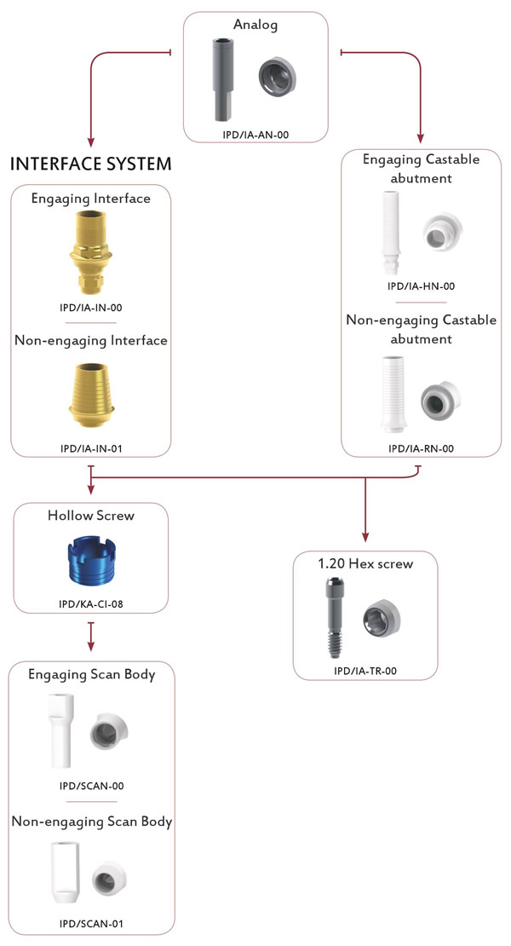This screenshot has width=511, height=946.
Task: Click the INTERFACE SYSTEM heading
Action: (91, 164)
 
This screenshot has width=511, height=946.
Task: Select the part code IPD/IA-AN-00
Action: (255, 135)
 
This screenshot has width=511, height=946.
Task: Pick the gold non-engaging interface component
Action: (91, 395)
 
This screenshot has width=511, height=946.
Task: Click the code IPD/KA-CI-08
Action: (91, 603)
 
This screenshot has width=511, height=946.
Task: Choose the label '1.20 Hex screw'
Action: (365, 563)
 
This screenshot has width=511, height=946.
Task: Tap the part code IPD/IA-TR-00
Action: (365, 670)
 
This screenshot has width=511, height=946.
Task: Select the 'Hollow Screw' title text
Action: (91, 516)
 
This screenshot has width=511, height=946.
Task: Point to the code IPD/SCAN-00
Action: (92, 786)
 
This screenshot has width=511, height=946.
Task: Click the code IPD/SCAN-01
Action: (92, 923)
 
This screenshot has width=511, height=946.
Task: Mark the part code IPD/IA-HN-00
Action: (422, 286)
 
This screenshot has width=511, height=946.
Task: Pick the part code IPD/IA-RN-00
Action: (422, 448)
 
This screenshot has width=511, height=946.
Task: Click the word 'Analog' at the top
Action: (255, 25)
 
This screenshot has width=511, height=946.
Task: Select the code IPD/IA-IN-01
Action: (91, 448)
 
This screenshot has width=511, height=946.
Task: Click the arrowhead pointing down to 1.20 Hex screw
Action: (365, 536)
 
